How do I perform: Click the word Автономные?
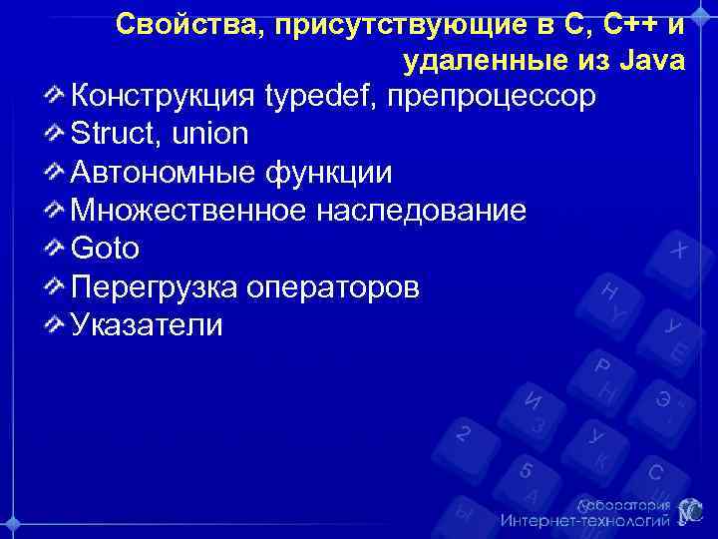[x=163, y=173]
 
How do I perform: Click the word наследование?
[x=420, y=211]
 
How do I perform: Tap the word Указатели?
[x=147, y=325]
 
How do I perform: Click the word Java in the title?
[x=653, y=61]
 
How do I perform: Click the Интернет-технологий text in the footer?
[x=584, y=521]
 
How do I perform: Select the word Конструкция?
[x=163, y=97]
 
